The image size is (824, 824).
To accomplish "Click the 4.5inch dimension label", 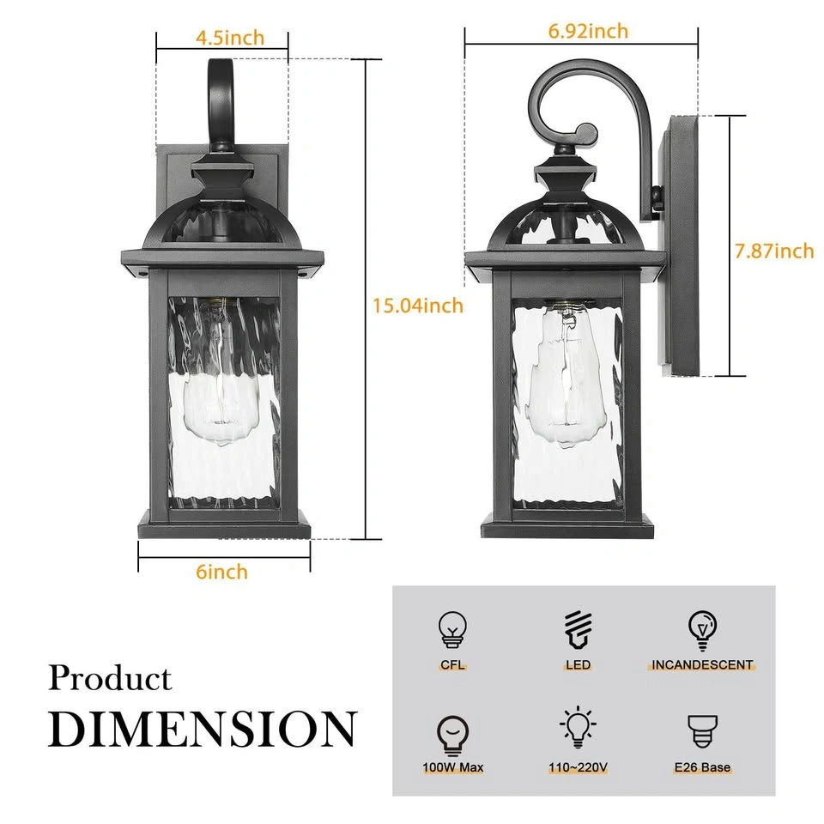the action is [x=230, y=38].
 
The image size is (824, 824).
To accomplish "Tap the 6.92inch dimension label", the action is [x=588, y=31].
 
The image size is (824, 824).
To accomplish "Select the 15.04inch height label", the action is [x=418, y=306].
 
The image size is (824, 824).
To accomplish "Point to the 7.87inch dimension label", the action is [x=774, y=251].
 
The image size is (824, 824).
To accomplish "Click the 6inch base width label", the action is [x=221, y=572].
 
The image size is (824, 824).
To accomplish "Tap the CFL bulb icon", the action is [x=452, y=629].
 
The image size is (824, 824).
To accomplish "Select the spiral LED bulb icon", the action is [x=578, y=629].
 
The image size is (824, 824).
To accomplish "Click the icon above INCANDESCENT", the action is [x=703, y=630].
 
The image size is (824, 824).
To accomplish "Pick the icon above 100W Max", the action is [x=452, y=736].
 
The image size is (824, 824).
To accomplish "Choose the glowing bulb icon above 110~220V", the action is [x=578, y=727].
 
